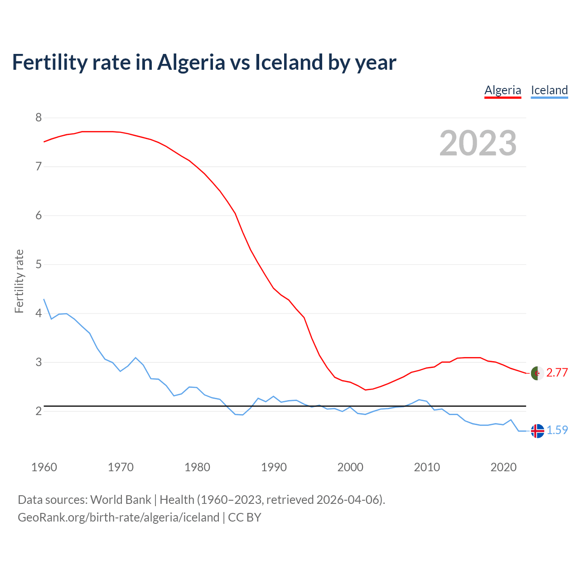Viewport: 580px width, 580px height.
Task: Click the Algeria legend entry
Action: [503, 90]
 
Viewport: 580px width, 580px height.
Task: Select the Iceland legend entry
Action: [549, 90]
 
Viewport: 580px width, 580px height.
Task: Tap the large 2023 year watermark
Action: [478, 143]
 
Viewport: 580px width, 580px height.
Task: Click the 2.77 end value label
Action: [557, 372]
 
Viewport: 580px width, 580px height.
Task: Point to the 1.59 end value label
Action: [557, 430]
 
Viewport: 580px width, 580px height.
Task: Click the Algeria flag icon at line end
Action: [537, 373]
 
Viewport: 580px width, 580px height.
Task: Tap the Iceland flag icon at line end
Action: [537, 430]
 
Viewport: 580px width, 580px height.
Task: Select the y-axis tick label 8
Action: [39, 118]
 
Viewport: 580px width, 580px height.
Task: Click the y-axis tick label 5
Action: [39, 264]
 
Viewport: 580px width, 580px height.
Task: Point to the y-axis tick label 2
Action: [39, 411]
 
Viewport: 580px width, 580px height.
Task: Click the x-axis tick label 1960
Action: [44, 467]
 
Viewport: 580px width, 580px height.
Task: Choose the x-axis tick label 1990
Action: [274, 467]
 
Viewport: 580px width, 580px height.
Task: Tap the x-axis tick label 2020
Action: [503, 467]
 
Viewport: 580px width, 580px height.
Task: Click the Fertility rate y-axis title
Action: [19, 281]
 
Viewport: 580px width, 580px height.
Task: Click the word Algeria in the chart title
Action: [191, 62]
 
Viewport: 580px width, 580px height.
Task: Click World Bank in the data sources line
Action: [121, 500]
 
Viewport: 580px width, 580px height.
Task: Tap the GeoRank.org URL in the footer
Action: [118, 517]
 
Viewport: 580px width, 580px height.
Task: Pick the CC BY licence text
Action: [245, 517]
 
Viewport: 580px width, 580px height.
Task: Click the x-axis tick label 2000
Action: [350, 467]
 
